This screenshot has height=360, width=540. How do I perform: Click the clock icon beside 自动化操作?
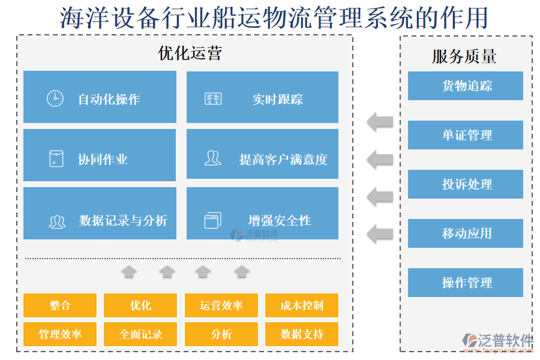pyautogui.click(x=55, y=98)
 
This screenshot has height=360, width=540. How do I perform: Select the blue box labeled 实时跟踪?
pyautogui.click(x=262, y=97)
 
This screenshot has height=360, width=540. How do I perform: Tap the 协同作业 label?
pyautogui.click(x=103, y=160)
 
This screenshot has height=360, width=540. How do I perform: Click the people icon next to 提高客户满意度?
pyautogui.click(x=212, y=158)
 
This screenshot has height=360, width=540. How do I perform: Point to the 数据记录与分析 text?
pyautogui.click(x=123, y=220)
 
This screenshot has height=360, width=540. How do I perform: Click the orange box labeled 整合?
pyautogui.click(x=60, y=305)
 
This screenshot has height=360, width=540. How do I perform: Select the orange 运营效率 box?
pyautogui.click(x=221, y=305)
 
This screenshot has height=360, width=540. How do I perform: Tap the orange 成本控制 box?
pyautogui.click(x=301, y=305)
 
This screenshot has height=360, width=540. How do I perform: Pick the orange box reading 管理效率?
pyautogui.click(x=60, y=334)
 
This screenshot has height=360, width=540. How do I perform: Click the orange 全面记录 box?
pyautogui.click(x=140, y=334)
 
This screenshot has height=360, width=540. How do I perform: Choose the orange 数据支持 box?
pyautogui.click(x=301, y=334)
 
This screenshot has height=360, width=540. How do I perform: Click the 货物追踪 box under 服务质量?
pyautogui.click(x=466, y=86)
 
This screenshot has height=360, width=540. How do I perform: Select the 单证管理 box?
pyautogui.click(x=466, y=135)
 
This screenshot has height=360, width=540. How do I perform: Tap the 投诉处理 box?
pyautogui.click(x=466, y=184)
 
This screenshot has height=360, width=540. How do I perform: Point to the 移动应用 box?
pyautogui.click(x=466, y=233)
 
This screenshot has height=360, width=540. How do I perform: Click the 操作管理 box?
pyautogui.click(x=466, y=283)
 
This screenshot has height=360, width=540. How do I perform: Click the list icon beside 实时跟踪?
pyautogui.click(x=212, y=99)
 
